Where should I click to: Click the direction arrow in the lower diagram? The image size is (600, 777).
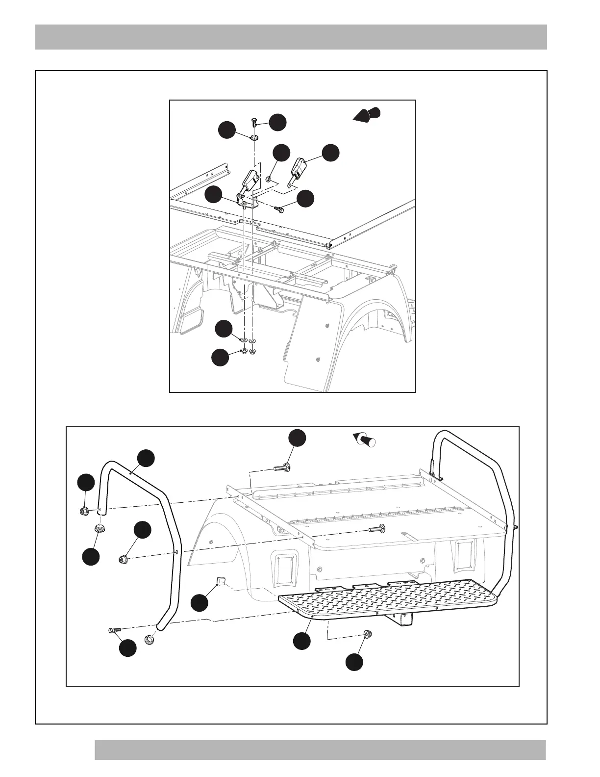(364, 438)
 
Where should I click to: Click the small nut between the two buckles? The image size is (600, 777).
(269, 179)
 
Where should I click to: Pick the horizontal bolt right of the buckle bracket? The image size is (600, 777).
(280, 209)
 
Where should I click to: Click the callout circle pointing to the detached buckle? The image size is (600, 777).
(330, 153)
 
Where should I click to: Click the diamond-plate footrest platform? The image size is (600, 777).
(387, 597)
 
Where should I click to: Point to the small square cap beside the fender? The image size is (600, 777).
(220, 582)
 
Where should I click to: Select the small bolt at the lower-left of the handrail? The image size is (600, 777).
(113, 631)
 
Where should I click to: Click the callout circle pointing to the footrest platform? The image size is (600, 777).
(302, 641)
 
